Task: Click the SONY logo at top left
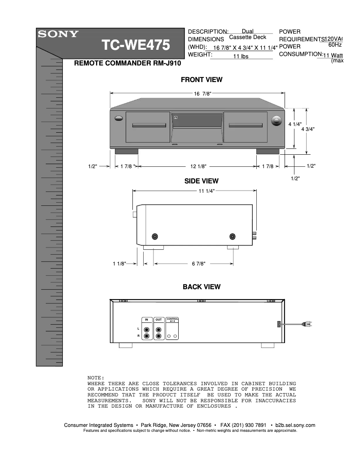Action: tap(58, 34)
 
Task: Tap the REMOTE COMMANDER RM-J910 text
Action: tap(127, 64)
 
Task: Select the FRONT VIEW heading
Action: tap(202, 80)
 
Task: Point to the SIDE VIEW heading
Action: tap(202, 181)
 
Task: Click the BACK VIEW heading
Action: tap(202, 287)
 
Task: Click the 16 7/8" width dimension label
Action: tap(202, 93)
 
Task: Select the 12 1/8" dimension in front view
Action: tap(198, 166)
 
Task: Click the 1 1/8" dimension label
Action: tap(119, 264)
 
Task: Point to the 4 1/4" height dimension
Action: tap(295, 124)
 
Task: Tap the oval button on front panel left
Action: tap(119, 119)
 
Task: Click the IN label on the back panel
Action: tap(146, 320)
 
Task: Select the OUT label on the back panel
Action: tap(158, 320)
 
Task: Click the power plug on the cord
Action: tap(308, 324)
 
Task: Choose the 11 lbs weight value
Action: tap(241, 56)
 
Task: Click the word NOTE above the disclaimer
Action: tap(96, 378)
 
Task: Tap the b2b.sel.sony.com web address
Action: tap(295, 425)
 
